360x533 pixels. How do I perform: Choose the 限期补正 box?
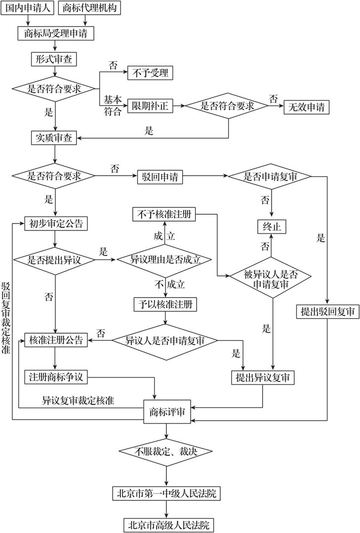[151, 106]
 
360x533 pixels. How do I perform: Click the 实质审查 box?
[54, 138]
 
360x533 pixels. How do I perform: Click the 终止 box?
[272, 226]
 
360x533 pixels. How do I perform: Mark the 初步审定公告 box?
[56, 224]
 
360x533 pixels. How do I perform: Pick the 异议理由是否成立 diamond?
[164, 260]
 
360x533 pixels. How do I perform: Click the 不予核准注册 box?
[164, 215]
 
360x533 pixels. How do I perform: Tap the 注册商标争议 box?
[56, 377]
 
